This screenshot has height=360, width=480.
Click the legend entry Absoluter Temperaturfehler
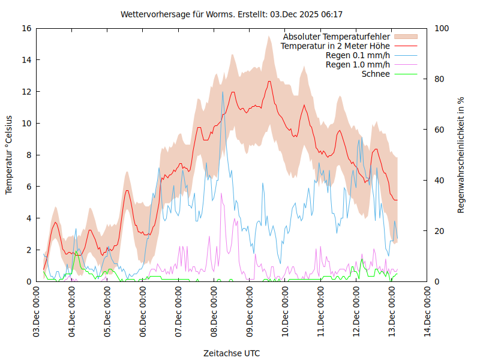pos(337,37)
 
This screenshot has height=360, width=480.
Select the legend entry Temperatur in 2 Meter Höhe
pos(335,46)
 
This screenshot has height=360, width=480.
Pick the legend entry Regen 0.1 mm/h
pos(358,55)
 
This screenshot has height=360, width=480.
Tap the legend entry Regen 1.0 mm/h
pos(358,64)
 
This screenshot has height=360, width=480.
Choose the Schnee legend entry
pos(376,74)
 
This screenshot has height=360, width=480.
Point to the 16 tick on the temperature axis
pos(26,28)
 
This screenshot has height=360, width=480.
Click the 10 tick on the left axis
pos(26,123)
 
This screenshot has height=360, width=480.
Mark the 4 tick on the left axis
pos(28,218)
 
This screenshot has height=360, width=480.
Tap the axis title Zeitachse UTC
pos(232,353)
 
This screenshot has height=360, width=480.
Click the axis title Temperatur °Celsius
pos(9,155)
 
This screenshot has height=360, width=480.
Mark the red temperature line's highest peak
pos(269,81)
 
